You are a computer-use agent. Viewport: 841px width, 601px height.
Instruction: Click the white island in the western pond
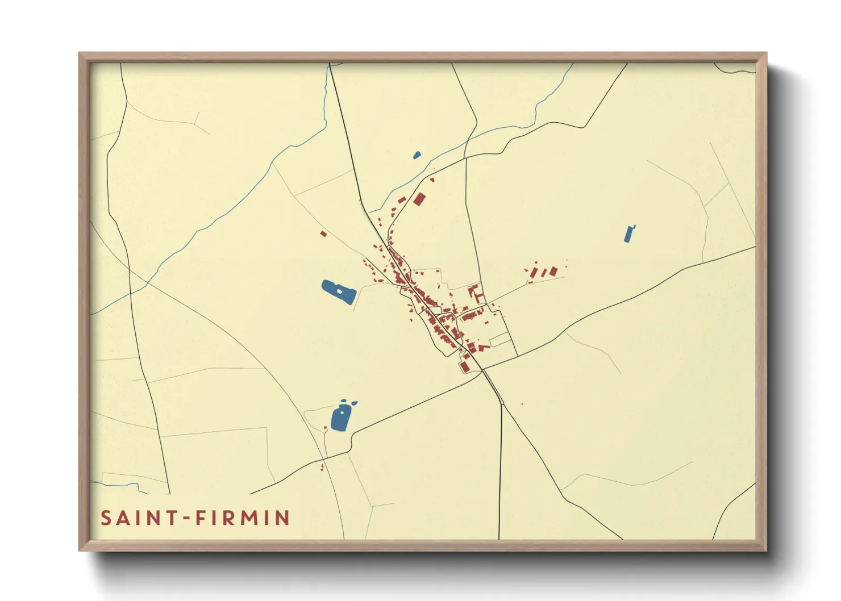[340, 291]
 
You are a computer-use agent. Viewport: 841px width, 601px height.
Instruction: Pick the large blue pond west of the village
[339, 293]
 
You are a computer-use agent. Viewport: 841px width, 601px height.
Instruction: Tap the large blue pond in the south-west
[340, 418]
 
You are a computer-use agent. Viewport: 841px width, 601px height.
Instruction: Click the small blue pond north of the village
[417, 155]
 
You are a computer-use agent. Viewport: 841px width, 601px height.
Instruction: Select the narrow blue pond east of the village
[628, 234]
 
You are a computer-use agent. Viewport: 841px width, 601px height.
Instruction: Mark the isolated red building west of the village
[323, 233]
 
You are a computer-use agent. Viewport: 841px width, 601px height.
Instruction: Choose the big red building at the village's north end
[419, 199]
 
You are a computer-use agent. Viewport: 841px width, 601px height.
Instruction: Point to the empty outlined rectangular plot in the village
[500, 340]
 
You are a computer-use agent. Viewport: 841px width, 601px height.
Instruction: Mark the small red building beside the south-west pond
[322, 468]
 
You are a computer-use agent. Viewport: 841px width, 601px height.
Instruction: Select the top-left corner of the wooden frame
[80, 54]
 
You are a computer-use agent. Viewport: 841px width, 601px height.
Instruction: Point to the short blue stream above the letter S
[119, 485]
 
